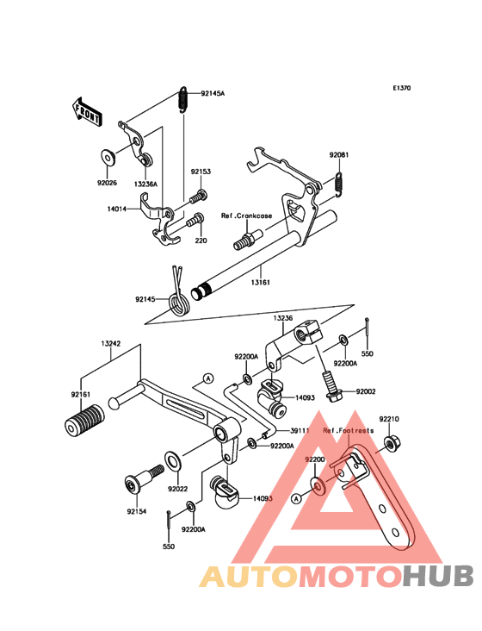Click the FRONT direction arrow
[87, 112]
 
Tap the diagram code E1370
[402, 88]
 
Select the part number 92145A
[213, 93]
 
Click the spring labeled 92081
[339, 184]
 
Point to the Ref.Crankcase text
[247, 216]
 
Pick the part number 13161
[261, 282]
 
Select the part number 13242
[110, 344]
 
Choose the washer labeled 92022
[173, 461]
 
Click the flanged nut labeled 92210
[390, 443]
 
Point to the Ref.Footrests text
[349, 431]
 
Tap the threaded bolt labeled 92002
[331, 385]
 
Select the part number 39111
[300, 431]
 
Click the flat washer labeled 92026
[108, 157]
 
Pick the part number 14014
[117, 209]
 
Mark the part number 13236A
[145, 184]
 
